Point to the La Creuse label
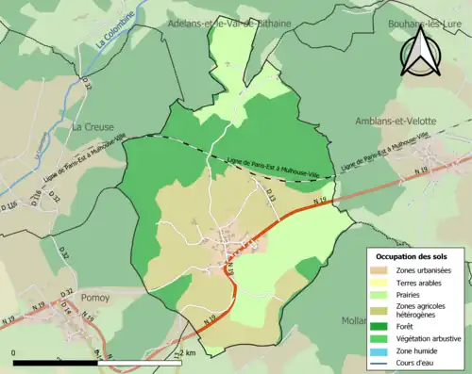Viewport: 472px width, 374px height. [x=92, y=124]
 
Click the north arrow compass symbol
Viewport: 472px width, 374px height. [x=421, y=51]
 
